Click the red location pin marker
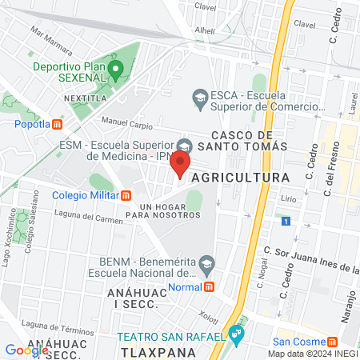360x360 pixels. [181, 166]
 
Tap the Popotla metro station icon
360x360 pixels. [58, 124]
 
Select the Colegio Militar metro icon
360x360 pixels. [126, 195]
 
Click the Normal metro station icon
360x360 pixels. [209, 286]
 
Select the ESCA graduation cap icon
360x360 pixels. [200, 98]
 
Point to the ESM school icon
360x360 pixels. [185, 145]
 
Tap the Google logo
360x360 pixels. [26, 350]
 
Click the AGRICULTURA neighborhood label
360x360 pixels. [241, 176]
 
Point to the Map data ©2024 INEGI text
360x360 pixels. [312, 353]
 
